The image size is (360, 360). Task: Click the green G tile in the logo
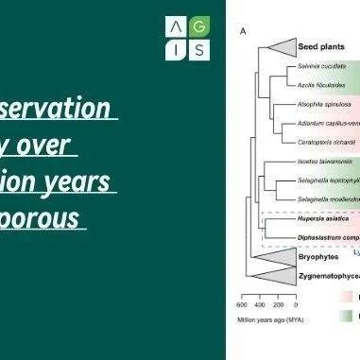tap(200, 26)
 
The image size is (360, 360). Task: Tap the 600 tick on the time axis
tap(241, 305)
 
